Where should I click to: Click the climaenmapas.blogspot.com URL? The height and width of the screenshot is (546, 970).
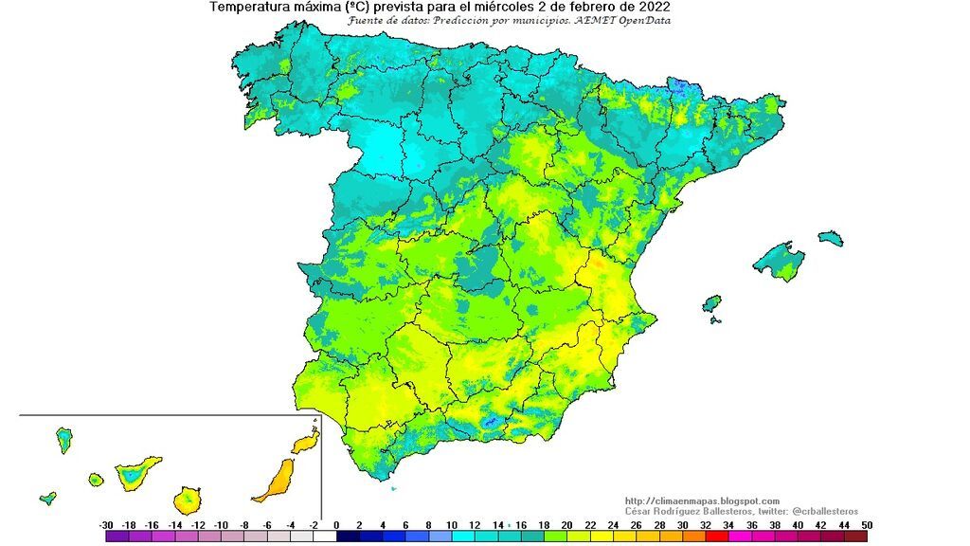[x=702, y=501]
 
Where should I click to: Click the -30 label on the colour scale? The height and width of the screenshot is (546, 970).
[x=106, y=524]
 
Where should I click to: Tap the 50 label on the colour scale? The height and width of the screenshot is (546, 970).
[x=866, y=524]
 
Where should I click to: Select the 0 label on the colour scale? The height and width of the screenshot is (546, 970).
[x=337, y=524]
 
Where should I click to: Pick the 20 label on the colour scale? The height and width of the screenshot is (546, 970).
[x=566, y=524]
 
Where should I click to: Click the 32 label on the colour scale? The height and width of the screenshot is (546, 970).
[x=705, y=524]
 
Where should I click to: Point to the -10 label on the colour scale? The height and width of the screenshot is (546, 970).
[x=221, y=524]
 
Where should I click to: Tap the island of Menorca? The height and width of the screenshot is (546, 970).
[x=830, y=237]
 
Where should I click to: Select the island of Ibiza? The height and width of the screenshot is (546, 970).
[x=711, y=303]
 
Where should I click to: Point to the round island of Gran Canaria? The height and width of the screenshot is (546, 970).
[x=187, y=499]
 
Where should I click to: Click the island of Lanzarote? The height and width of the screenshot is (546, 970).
[x=304, y=443]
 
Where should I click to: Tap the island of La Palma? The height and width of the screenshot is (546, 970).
[x=64, y=439]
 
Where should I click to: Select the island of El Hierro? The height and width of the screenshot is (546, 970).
[x=48, y=498]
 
